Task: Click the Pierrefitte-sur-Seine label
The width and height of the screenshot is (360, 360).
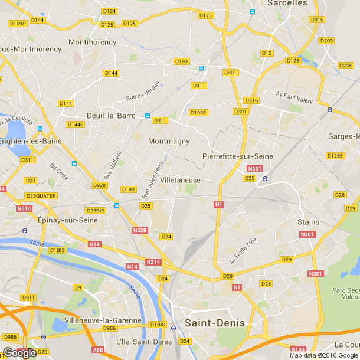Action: click(237, 156)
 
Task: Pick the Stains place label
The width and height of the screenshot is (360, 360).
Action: click(308, 222)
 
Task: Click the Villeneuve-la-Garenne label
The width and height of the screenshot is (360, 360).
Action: click(104, 320)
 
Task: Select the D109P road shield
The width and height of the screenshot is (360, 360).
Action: click(18, 24)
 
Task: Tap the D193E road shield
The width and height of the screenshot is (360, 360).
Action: click(198, 112)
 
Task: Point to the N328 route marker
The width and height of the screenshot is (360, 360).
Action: click(140, 230)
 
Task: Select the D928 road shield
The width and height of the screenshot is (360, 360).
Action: click(100, 186)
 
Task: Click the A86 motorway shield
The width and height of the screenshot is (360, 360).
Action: click(97, 350)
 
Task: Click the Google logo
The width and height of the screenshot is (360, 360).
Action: click(19, 352)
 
